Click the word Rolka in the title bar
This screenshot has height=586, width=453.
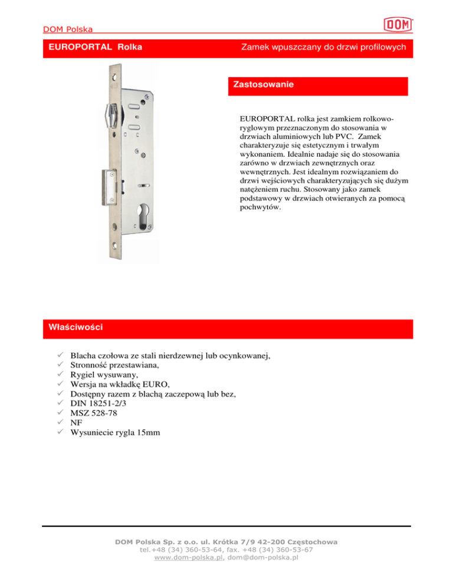click(129, 47)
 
